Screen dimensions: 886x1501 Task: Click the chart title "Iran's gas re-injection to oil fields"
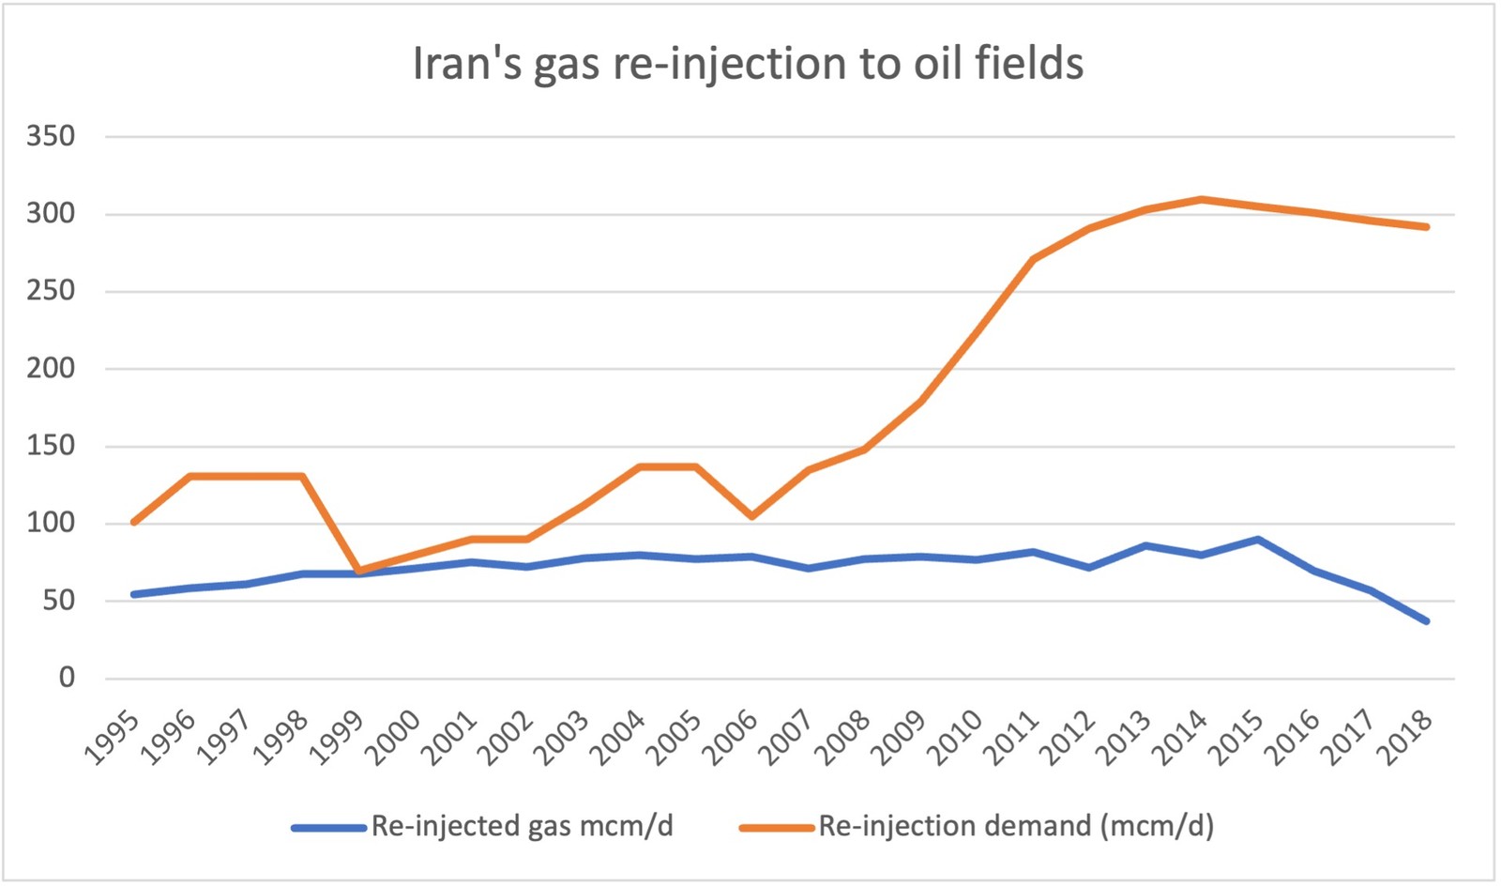tap(748, 64)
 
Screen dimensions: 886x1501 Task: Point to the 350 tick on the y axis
tap(51, 137)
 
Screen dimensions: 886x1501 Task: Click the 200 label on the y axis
tap(51, 369)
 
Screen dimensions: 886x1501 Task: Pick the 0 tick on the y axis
tap(67, 678)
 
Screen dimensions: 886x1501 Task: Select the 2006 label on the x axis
tap(731, 740)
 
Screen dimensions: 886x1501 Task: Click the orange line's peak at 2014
tap(1202, 199)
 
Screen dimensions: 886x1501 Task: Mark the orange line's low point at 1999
tap(358, 570)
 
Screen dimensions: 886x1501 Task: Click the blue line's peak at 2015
tap(1258, 540)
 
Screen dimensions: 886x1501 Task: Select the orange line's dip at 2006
tap(752, 516)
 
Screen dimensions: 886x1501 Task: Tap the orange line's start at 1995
tap(133, 522)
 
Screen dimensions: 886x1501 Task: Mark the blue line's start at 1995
tap(133, 594)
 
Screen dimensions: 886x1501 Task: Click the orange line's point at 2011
tap(1033, 259)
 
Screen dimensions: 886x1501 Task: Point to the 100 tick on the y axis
tap(51, 523)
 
